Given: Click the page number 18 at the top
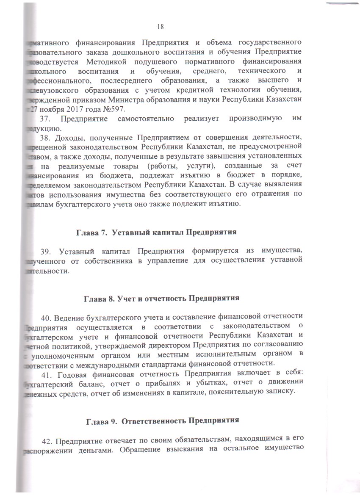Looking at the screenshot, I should tap(161, 27).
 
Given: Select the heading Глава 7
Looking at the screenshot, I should tap(90, 232).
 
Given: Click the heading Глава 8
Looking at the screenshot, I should tap(98, 298).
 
